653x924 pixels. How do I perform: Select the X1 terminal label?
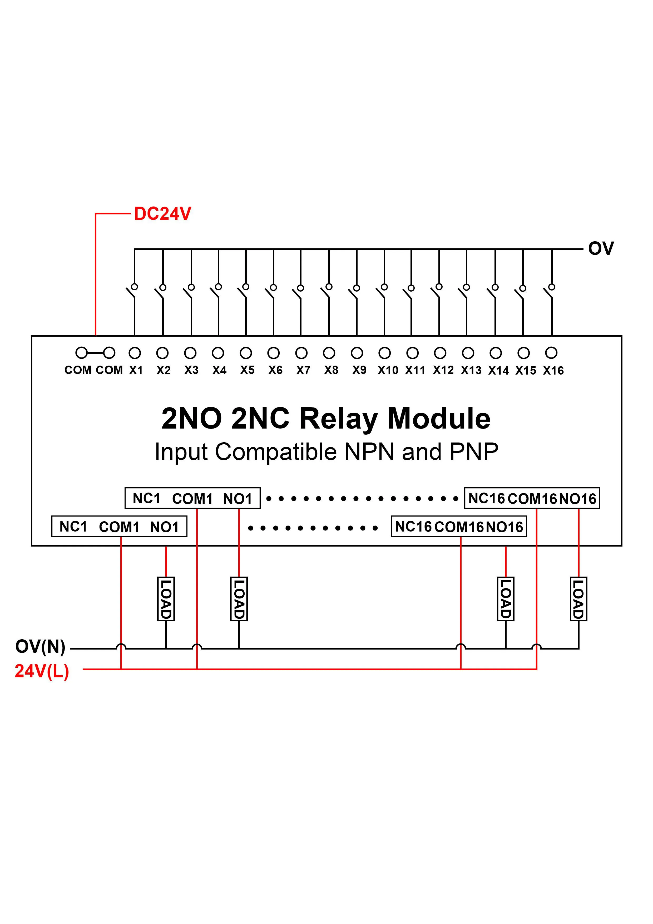pos(136,370)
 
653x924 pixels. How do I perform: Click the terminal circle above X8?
pos(329,353)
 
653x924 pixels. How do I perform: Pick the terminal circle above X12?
pos(440,353)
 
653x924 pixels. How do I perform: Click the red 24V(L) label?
pos(42,671)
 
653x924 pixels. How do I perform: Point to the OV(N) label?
pos(40,646)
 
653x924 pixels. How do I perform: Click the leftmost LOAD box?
pos(166,599)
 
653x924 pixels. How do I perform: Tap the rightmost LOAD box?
pos(578,599)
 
